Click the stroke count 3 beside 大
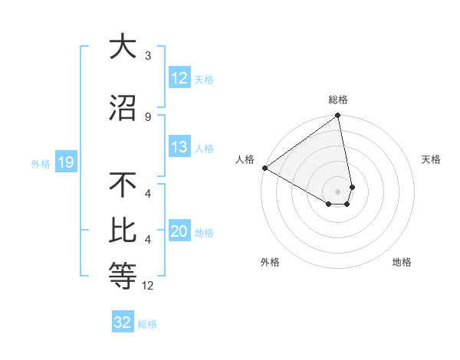tap(147, 56)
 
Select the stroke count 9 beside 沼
tap(147, 116)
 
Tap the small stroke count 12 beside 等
tap(149, 286)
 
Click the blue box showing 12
tap(179, 78)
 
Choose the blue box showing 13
tap(179, 147)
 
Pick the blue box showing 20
tap(179, 231)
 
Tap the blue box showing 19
tap(66, 162)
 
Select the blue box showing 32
tap(123, 322)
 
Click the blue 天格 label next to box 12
tap(204, 79)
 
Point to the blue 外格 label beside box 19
tap(41, 163)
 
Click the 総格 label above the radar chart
tap(338, 100)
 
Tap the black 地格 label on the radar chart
tap(402, 262)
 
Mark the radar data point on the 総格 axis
tap(337, 116)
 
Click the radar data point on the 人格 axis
tap(264, 168)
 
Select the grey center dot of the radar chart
tap(338, 191)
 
